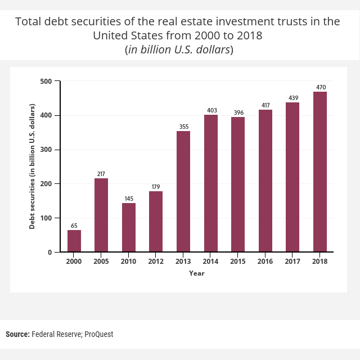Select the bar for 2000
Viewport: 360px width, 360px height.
click(74, 241)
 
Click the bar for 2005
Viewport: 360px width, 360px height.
click(101, 215)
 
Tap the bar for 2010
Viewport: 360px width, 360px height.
click(129, 227)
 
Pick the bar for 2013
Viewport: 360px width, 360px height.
click(183, 191)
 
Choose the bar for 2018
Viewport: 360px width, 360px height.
click(320, 172)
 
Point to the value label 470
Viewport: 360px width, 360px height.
click(321, 87)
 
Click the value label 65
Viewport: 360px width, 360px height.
click(74, 226)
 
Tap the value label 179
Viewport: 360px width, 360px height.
click(156, 187)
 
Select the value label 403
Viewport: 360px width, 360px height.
click(211, 110)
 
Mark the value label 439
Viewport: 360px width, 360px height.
click(293, 98)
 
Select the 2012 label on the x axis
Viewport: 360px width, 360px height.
click(156, 262)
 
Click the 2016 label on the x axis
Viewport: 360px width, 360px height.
click(265, 262)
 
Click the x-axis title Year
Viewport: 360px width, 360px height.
click(197, 273)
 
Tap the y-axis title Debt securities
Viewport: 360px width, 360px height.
click(33, 166)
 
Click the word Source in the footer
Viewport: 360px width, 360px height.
click(17, 334)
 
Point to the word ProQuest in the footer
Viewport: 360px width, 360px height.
click(99, 334)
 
